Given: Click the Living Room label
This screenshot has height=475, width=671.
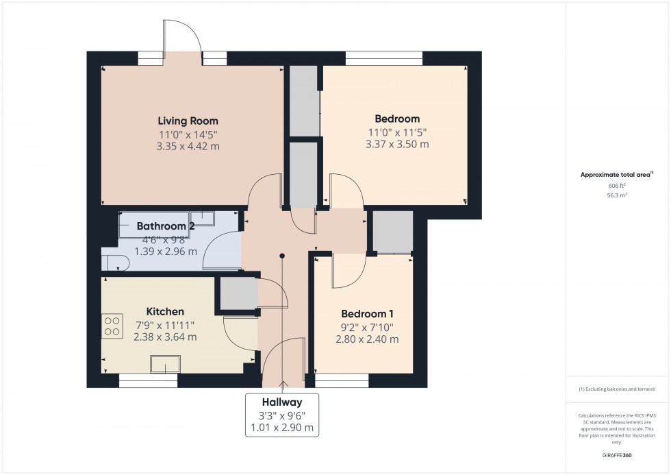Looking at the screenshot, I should pyautogui.click(x=188, y=121).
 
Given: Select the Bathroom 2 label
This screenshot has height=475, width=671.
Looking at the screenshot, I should pyautogui.click(x=166, y=226).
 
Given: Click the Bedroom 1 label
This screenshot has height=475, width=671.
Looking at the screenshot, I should pyautogui.click(x=364, y=314).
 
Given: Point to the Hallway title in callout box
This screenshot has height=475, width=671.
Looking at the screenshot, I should pyautogui.click(x=281, y=402).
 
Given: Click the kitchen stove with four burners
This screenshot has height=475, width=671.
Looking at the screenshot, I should pyautogui.click(x=112, y=326).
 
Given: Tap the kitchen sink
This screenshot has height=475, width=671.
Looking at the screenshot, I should pyautogui.click(x=166, y=364).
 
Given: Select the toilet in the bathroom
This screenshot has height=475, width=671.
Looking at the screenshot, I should pyautogui.click(x=114, y=262).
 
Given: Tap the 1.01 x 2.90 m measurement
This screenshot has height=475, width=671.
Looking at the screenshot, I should pyautogui.click(x=281, y=428).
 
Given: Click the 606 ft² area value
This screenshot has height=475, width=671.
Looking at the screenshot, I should pyautogui.click(x=618, y=186).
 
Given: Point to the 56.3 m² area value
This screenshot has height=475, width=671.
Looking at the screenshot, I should pyautogui.click(x=618, y=195).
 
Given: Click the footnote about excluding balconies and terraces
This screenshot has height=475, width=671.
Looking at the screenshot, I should pyautogui.click(x=617, y=389).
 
